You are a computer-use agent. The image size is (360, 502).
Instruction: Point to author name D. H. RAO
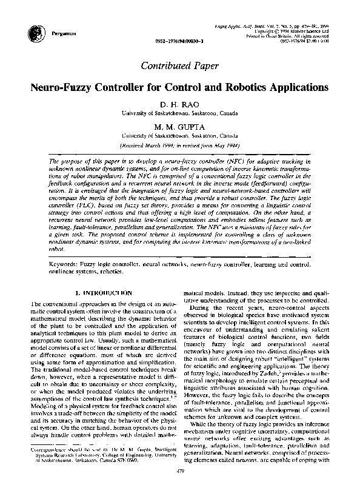[179, 104]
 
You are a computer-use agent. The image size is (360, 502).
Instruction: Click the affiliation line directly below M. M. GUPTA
[179, 137]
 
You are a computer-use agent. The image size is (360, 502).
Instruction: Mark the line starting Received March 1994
[179, 146]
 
